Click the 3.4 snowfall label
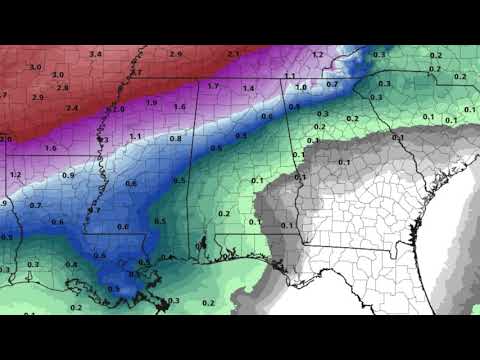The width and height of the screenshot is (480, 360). click(95, 53)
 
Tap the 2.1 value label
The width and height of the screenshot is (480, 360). click(233, 53)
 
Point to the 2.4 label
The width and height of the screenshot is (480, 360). click(72, 107)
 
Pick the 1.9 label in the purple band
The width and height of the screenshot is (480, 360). click(151, 102)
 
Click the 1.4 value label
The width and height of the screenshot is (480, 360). click(248, 89)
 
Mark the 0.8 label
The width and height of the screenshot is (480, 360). click(175, 139)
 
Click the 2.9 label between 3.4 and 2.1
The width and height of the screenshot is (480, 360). click(176, 53)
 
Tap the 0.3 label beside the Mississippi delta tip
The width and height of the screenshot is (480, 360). click(173, 300)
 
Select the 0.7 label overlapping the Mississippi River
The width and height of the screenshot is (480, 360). click(94, 210)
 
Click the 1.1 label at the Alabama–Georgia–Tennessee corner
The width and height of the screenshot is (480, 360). click(289, 76)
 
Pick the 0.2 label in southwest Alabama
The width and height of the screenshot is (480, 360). click(224, 213)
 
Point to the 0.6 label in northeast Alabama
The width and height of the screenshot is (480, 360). click(267, 116)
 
